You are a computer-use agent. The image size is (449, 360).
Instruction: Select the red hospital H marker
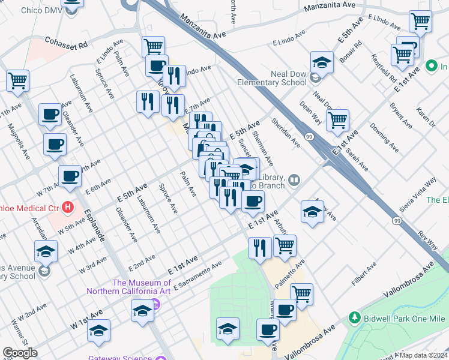pos(68,208)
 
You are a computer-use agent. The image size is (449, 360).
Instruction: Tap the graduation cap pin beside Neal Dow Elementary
pos(322,62)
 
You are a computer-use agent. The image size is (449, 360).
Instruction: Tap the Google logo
pos(20,353)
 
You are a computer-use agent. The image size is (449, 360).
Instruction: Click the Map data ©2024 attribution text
pos(423,355)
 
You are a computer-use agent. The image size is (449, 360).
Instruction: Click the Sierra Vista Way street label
pos(422,191)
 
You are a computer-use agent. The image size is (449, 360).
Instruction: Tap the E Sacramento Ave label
pos(197,277)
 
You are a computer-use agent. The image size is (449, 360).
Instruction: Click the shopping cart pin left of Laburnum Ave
pos(18,80)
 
